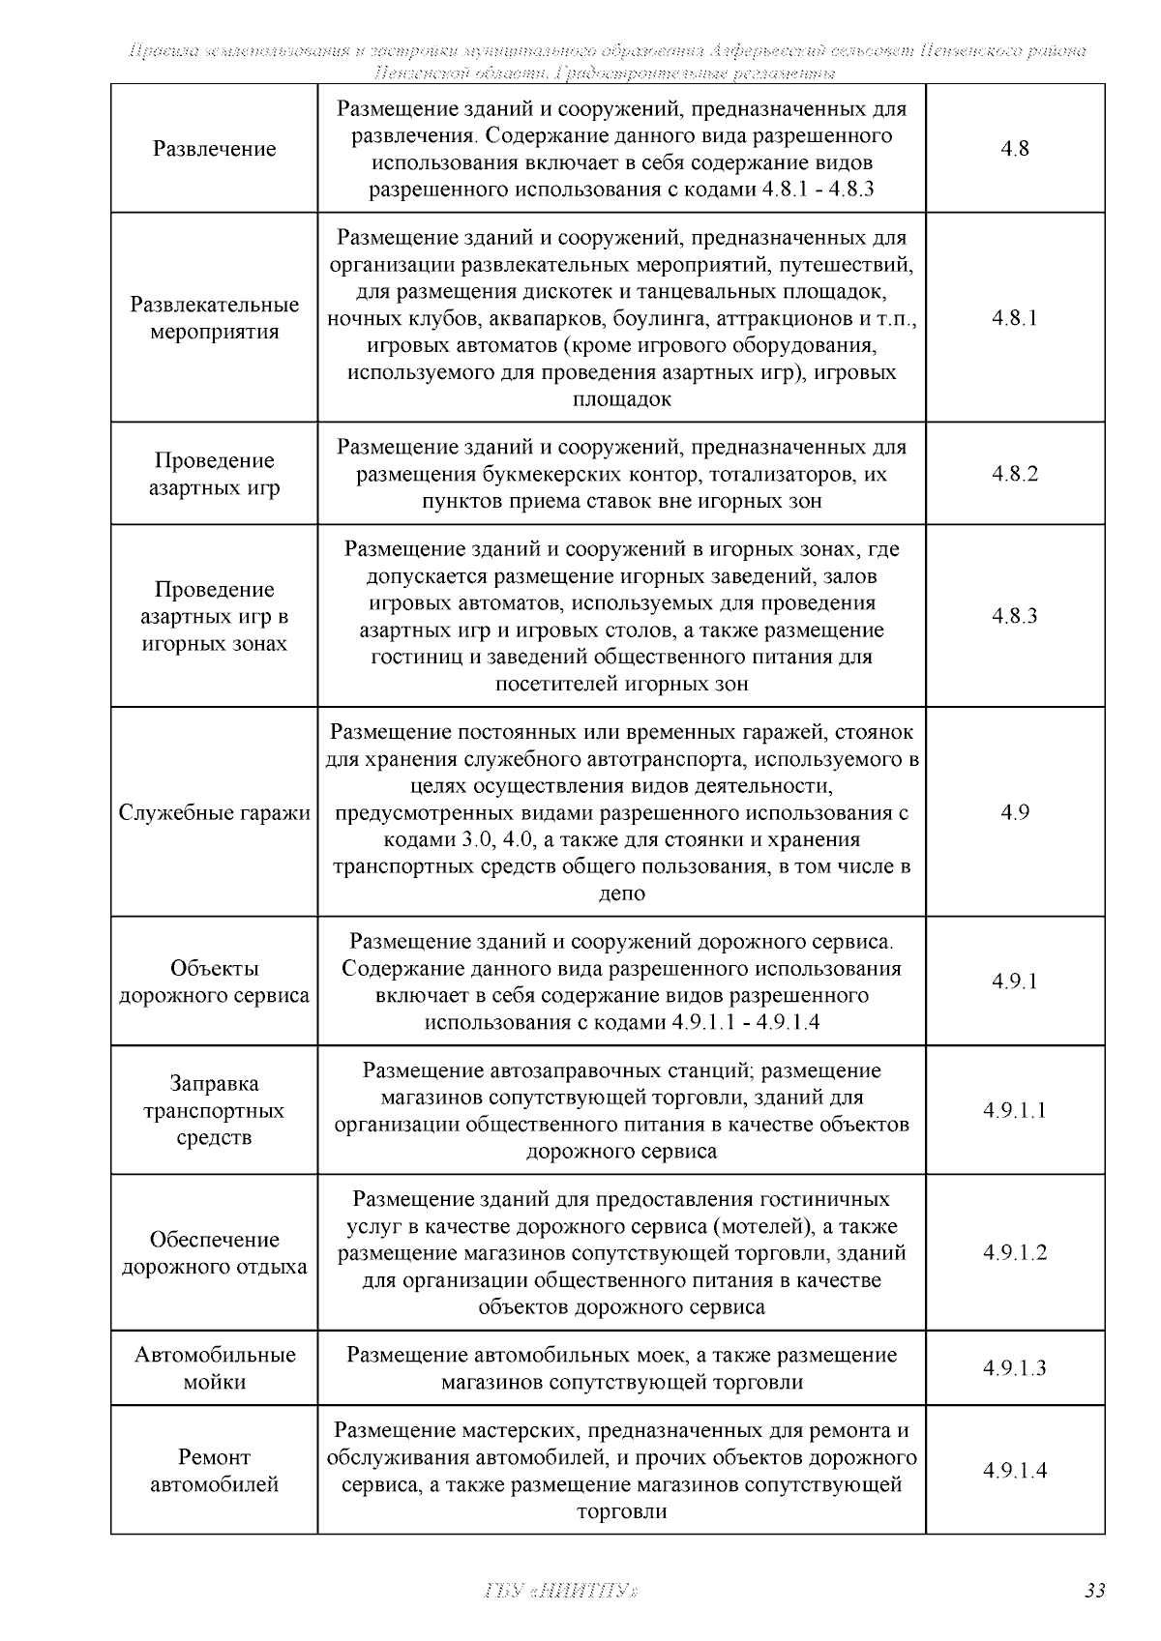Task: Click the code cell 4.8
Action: pyautogui.click(x=1014, y=149)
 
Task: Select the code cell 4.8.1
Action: pyautogui.click(x=1014, y=318)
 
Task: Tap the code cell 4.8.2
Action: pyautogui.click(x=1014, y=474)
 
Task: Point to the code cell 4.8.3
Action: pyautogui.click(x=1014, y=616)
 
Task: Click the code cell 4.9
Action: pyautogui.click(x=1014, y=812)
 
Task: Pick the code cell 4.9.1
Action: pyautogui.click(x=1014, y=982)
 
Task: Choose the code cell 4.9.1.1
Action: pyautogui.click(x=1014, y=1110)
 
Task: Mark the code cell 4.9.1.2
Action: pyautogui.click(x=1014, y=1252)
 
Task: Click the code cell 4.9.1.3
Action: pyautogui.click(x=1014, y=1368)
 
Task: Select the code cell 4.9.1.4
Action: pyautogui.click(x=1014, y=1471)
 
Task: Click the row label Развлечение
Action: pyautogui.click(x=214, y=149)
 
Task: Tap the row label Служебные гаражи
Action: pyautogui.click(x=214, y=812)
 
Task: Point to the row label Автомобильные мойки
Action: pyautogui.click(x=214, y=1368)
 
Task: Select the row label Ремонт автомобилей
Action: pyautogui.click(x=214, y=1471)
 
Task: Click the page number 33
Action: pyautogui.click(x=1094, y=1591)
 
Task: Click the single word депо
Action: pyautogui.click(x=621, y=894)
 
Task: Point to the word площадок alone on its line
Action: pyautogui.click(x=621, y=399)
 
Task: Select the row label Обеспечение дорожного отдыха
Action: pyautogui.click(x=214, y=1252)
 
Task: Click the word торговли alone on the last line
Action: pyautogui.click(x=621, y=1511)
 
